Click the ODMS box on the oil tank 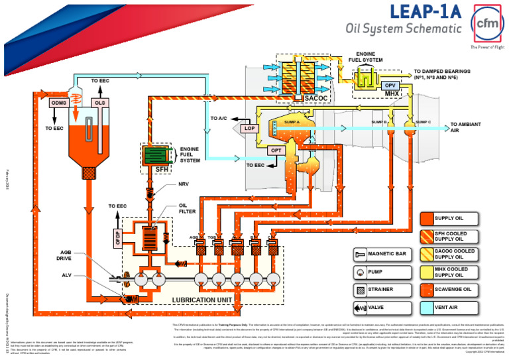tap(58, 103)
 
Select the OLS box tap(99, 103)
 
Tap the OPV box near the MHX tap(390, 86)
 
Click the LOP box tap(250, 128)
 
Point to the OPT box tap(275, 151)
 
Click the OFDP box tap(118, 239)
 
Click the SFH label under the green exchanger tap(162, 170)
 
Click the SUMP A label tap(292, 123)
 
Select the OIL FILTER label tap(186, 209)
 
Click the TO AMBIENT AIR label tap(463, 127)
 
